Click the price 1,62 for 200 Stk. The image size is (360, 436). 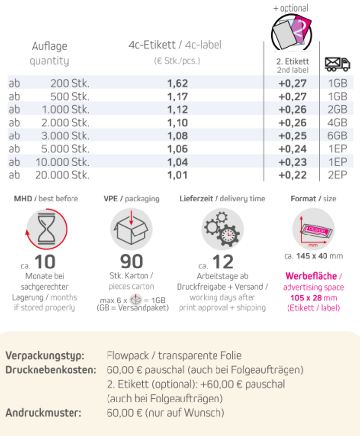178,83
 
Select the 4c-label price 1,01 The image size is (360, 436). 178,175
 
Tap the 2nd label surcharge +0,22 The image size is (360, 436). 292,175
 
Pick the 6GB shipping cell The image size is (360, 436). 337,135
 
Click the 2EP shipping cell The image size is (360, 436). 337,175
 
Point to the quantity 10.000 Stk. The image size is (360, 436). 62,162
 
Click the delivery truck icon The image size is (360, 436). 337,64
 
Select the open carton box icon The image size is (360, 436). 131,229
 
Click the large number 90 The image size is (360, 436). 131,262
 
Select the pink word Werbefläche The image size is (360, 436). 311,276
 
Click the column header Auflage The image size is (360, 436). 49,47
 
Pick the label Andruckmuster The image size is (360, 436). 44,412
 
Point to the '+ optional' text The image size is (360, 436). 290,8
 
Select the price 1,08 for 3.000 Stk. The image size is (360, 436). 178,135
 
